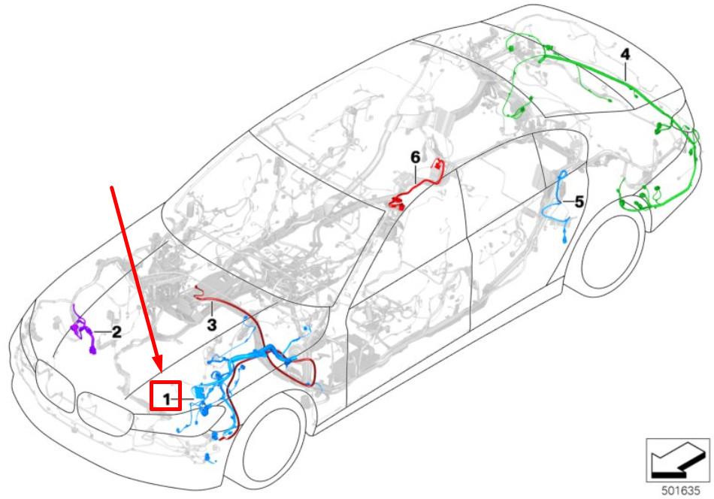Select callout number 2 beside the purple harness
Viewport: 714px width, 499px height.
tap(116, 331)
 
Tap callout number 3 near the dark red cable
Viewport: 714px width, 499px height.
tap(212, 324)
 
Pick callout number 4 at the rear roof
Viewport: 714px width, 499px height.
tap(625, 54)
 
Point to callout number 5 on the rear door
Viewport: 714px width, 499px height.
tap(579, 201)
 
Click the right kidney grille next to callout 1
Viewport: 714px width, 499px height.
tap(105, 412)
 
